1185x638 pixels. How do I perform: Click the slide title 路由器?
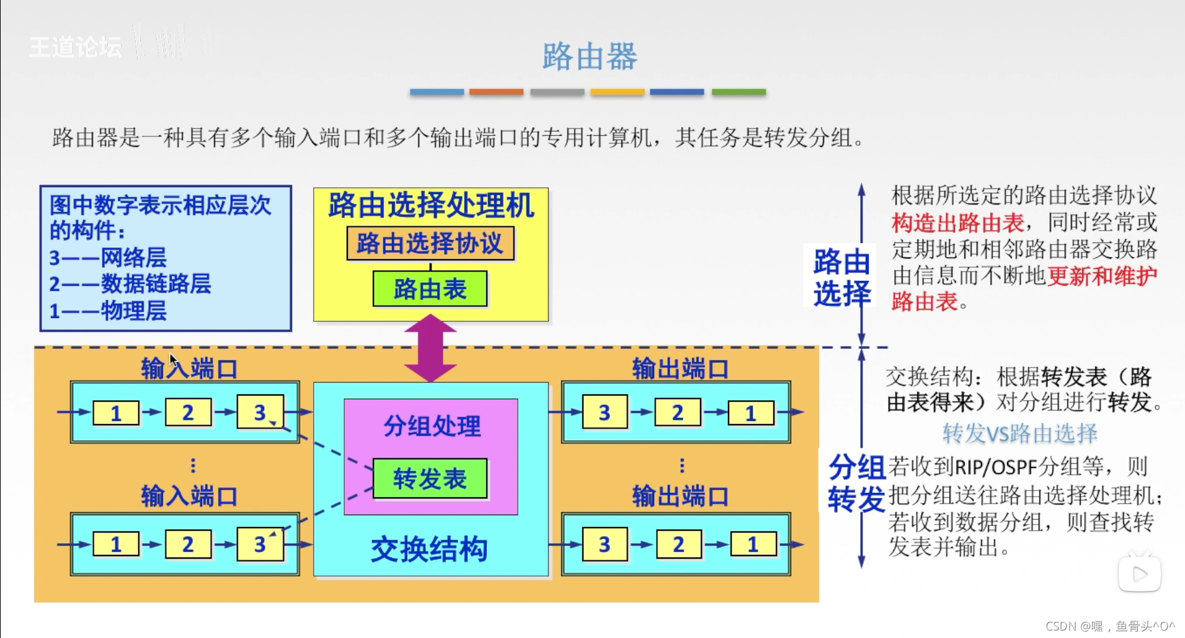tap(589, 56)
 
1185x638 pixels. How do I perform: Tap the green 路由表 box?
tap(430, 289)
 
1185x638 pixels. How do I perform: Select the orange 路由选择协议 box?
tap(430, 244)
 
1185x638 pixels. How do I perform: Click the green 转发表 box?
tap(430, 479)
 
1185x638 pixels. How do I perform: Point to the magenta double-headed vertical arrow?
tap(430, 347)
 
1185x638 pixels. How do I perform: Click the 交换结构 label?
tap(429, 549)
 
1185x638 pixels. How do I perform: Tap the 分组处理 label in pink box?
tap(432, 426)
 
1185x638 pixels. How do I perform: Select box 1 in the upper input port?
tap(116, 413)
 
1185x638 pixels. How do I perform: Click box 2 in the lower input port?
tap(188, 544)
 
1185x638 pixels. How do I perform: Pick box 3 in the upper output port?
tap(605, 413)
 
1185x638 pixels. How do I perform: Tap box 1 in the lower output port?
tap(753, 544)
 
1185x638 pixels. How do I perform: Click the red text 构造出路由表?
tap(958, 222)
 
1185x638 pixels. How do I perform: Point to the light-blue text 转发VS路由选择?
tap(1019, 433)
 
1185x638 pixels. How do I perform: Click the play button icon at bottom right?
tap(1140, 574)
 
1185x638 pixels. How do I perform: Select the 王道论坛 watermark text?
tap(76, 47)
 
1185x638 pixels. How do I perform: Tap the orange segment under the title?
tap(496, 92)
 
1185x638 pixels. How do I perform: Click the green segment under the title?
tap(739, 92)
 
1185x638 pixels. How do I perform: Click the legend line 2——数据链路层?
tap(130, 284)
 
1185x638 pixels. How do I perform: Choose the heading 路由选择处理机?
tap(431, 205)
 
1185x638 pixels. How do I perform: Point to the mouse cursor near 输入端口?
tap(173, 360)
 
